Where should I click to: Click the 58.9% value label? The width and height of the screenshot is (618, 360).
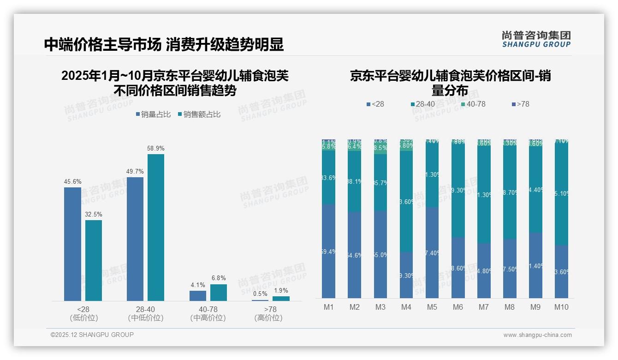pos(155,149)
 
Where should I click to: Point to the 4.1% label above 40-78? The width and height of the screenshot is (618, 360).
pos(198,285)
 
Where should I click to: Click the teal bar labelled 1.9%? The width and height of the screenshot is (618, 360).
pos(281,299)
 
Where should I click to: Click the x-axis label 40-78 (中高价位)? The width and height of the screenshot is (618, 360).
pos(208,313)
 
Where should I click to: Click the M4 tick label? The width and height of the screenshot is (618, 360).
pos(406,307)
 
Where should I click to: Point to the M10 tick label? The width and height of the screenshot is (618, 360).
pos(561,307)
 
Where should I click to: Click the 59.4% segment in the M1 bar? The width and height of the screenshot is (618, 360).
pos(328,252)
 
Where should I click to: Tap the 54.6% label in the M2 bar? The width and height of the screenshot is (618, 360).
pos(354,255)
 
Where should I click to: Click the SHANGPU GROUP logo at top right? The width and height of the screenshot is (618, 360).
pos(536,39)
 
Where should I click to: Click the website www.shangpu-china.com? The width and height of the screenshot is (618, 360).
pos(537,335)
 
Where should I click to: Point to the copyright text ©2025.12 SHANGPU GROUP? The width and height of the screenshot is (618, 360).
pos(92,335)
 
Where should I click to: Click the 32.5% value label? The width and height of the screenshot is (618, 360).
pos(94,215)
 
